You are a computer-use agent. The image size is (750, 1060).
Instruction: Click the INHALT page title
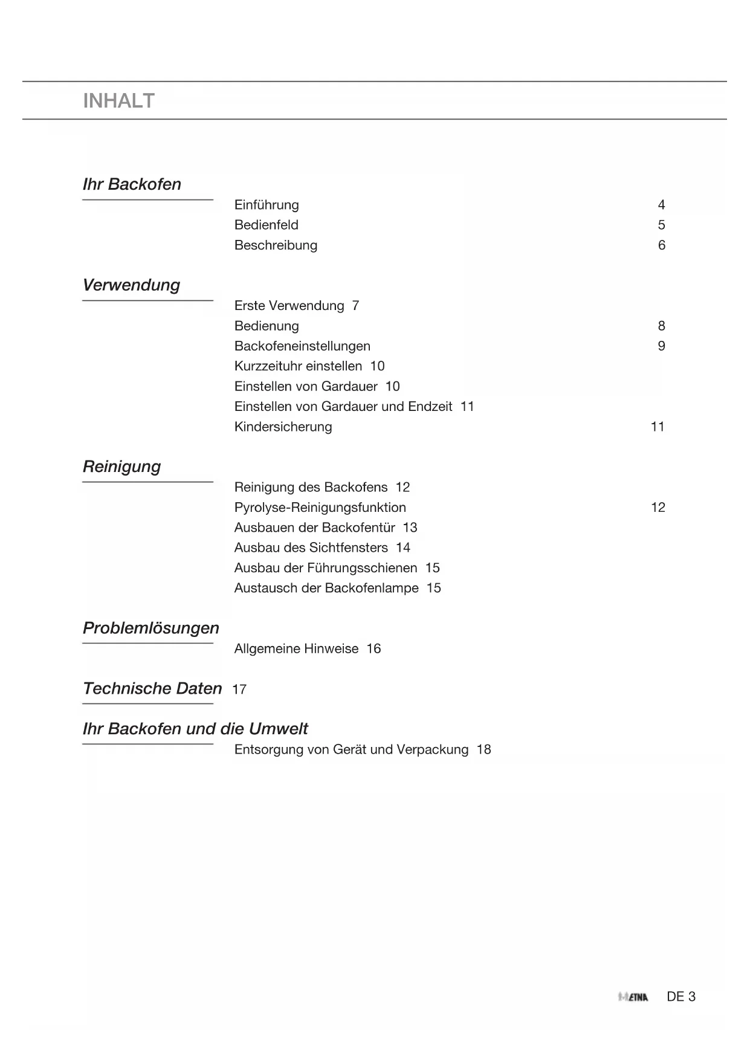118,101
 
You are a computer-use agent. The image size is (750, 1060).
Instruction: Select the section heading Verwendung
131,285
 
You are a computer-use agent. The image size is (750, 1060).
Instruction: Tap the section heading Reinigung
121,467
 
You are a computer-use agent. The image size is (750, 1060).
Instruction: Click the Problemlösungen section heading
150,628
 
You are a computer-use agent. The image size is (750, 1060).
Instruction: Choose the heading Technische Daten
152,688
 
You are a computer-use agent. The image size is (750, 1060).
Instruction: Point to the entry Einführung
267,205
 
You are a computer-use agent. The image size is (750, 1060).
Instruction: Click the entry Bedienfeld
266,225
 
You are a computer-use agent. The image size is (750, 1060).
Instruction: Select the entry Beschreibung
276,245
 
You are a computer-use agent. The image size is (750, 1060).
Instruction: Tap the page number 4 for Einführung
661,205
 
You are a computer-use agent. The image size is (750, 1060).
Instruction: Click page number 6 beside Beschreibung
661,245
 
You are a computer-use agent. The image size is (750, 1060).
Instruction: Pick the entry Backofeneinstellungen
302,346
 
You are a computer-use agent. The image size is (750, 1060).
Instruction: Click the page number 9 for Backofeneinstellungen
661,346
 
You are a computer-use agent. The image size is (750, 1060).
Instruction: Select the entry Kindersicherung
283,427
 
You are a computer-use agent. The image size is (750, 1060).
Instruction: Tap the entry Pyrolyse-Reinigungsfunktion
320,508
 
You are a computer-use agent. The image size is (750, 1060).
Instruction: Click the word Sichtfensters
349,548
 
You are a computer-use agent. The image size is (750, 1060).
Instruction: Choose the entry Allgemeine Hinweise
296,648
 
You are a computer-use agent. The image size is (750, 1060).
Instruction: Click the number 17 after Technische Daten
239,690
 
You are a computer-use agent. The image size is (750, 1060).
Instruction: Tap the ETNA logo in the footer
633,997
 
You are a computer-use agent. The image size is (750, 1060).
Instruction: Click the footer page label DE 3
681,997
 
